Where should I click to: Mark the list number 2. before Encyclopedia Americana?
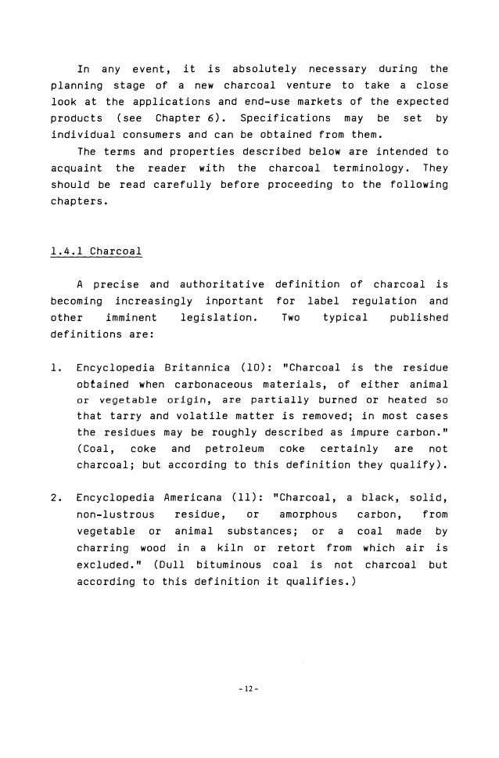[56, 497]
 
